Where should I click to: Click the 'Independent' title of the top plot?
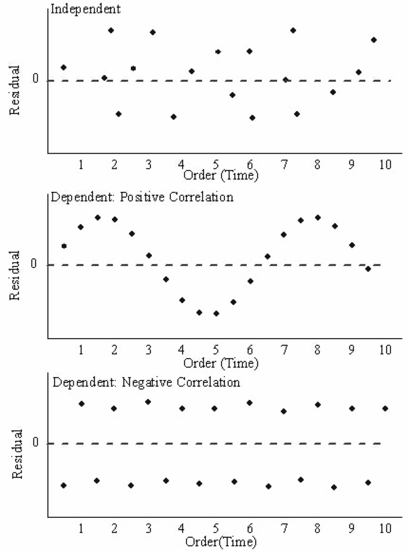pyautogui.click(x=86, y=9)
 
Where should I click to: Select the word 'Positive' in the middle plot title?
pyautogui.click(x=142, y=197)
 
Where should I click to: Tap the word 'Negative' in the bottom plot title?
pyautogui.click(x=147, y=382)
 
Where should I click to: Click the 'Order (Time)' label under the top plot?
pyautogui.click(x=221, y=175)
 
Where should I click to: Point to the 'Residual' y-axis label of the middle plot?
pyautogui.click(x=14, y=275)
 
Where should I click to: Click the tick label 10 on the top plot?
pyautogui.click(x=385, y=165)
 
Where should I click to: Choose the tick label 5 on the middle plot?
pyautogui.click(x=216, y=350)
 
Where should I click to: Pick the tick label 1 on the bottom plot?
pyautogui.click(x=81, y=528)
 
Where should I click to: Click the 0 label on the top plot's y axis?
pyautogui.click(x=35, y=79)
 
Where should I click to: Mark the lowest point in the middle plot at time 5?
pyautogui.click(x=216, y=313)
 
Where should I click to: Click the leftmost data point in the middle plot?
pyautogui.click(x=64, y=246)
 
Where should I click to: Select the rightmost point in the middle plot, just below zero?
pyautogui.click(x=368, y=269)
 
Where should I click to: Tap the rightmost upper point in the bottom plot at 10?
pyautogui.click(x=385, y=409)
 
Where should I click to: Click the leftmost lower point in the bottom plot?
pyautogui.click(x=64, y=485)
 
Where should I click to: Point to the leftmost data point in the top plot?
pyautogui.click(x=64, y=67)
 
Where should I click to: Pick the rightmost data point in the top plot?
pyautogui.click(x=374, y=40)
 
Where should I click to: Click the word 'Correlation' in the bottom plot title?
pyautogui.click(x=208, y=382)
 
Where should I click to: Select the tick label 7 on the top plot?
pyautogui.click(x=284, y=165)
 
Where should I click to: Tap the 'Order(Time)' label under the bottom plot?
pyautogui.click(x=221, y=542)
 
